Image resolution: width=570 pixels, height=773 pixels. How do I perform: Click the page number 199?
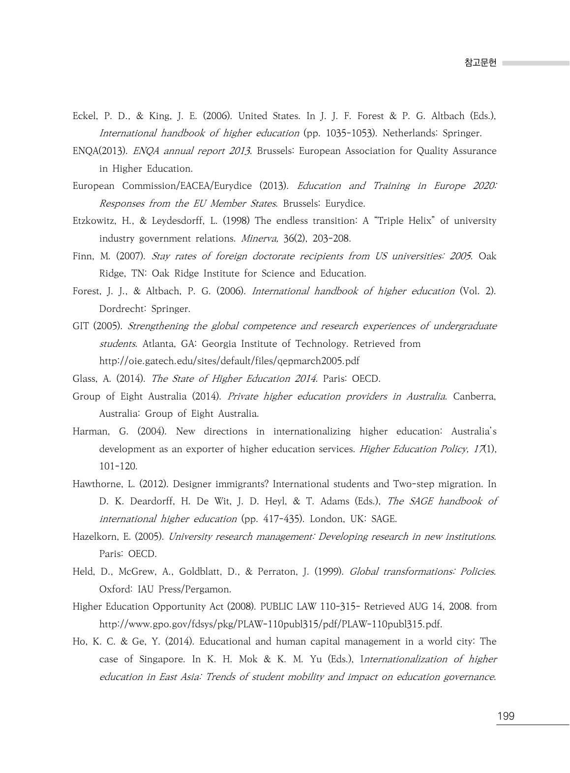(505, 716)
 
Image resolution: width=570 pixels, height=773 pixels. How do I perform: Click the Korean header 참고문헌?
(480, 63)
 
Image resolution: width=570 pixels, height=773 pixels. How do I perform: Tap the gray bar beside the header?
(536, 63)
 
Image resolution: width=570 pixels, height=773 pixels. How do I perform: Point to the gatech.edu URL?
(229, 361)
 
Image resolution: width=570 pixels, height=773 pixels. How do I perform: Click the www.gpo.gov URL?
(270, 624)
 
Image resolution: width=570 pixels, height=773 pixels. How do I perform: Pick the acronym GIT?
(81, 326)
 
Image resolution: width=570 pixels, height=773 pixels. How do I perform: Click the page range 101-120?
(118, 466)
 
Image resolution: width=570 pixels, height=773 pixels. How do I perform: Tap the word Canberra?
(474, 397)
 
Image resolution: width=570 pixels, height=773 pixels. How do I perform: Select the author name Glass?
(84, 379)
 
